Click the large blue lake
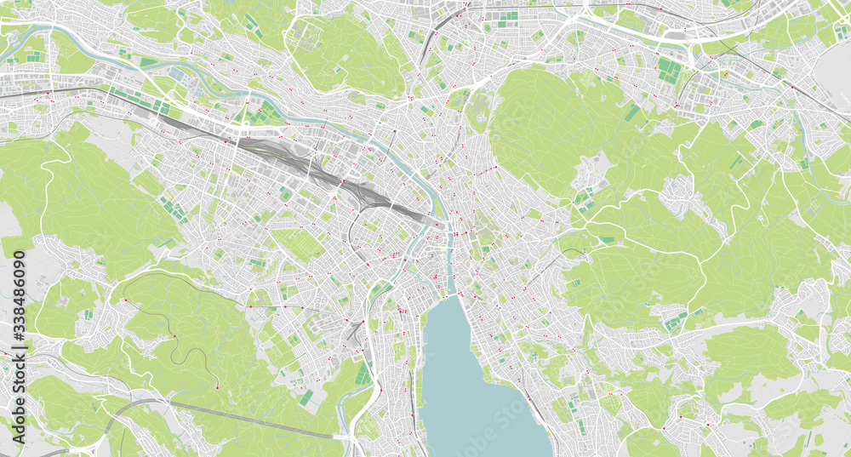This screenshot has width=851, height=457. pyautogui.click(x=477, y=391)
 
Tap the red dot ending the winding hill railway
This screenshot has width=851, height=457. pyautogui.click(x=216, y=388)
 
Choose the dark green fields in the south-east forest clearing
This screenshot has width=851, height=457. pyautogui.click(x=677, y=321)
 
